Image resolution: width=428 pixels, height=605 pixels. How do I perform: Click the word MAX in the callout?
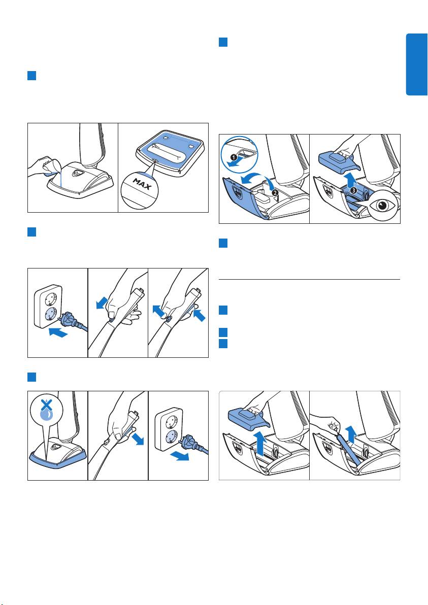[142, 184]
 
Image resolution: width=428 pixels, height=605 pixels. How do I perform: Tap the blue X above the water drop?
[46, 404]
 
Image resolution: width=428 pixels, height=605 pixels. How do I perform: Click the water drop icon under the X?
[46, 414]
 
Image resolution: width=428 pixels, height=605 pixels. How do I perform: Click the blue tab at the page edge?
[416, 64]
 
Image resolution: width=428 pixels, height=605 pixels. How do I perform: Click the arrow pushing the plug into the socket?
[59, 332]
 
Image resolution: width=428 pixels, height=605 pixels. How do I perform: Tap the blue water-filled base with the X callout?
[57, 458]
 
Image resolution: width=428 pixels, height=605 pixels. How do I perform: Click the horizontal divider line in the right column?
[309, 279]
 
